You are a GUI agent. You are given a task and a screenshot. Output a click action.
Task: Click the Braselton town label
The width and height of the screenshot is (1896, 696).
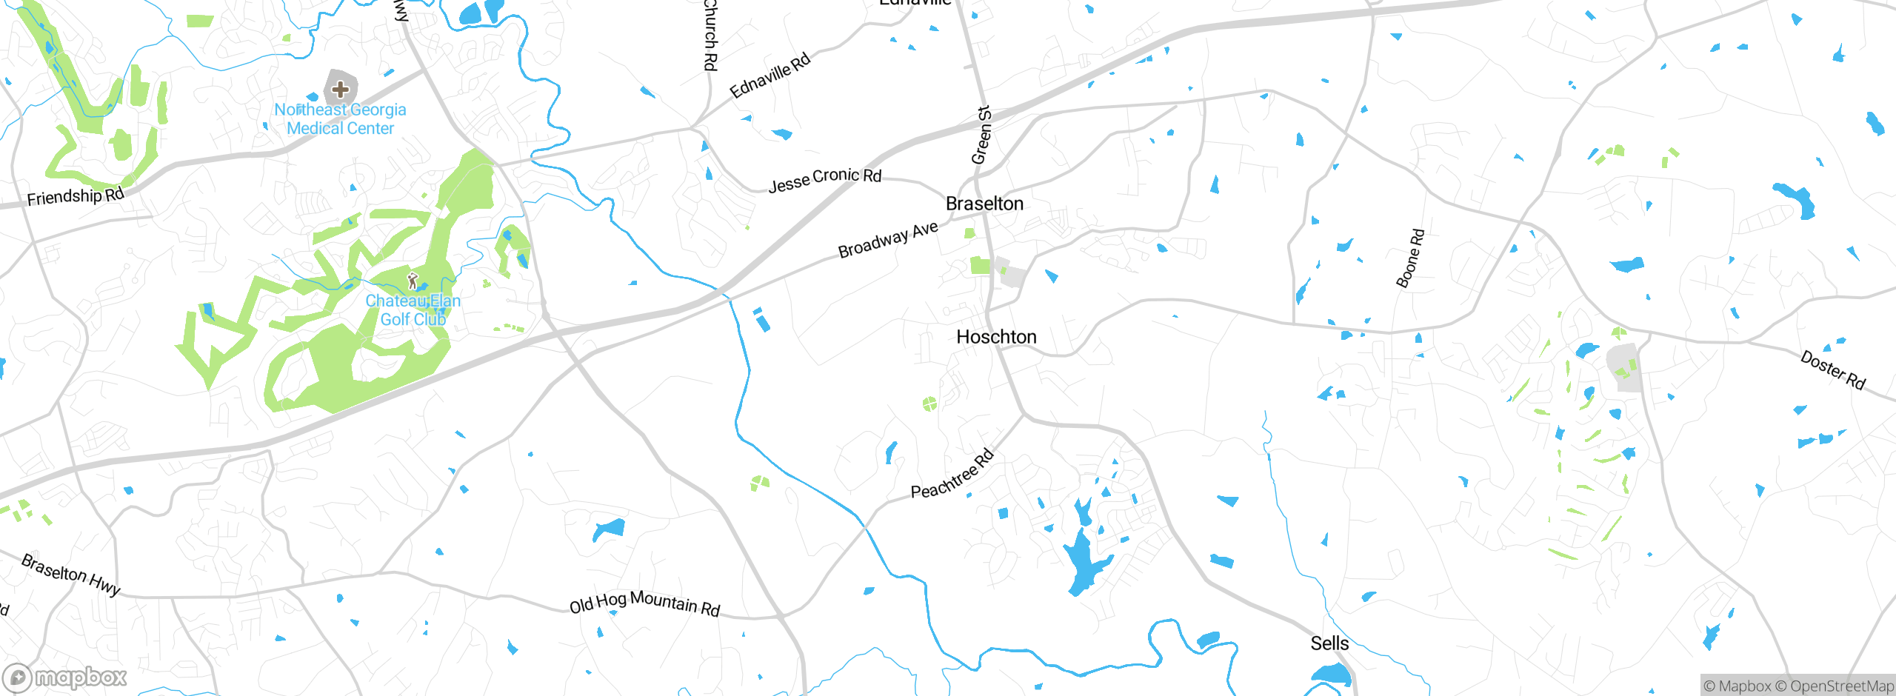[984, 204]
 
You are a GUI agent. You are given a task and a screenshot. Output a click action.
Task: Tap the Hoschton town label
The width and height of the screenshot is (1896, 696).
[996, 337]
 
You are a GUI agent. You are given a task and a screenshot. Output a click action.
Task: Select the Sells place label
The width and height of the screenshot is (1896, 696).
[1329, 643]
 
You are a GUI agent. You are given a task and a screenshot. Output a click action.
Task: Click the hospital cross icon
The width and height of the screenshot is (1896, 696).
[341, 90]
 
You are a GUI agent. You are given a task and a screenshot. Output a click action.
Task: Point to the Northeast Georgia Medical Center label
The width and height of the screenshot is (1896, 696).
[341, 119]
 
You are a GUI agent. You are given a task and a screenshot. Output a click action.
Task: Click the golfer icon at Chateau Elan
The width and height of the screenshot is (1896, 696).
[413, 281]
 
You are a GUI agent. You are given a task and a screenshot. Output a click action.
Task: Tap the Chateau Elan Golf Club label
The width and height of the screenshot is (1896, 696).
[413, 310]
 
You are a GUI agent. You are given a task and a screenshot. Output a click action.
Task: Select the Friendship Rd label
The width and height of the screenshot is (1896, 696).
[76, 196]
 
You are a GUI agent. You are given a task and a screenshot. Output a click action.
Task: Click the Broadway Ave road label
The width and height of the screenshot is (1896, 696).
[888, 240]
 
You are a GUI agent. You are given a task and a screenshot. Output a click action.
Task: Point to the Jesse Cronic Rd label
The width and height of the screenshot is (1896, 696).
[825, 179]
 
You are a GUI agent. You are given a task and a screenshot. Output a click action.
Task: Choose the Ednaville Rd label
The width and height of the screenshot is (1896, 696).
[770, 76]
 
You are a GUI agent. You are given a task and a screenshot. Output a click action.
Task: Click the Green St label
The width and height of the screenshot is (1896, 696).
[982, 135]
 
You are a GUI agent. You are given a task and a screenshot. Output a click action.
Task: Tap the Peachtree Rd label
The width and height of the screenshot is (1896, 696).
[952, 475]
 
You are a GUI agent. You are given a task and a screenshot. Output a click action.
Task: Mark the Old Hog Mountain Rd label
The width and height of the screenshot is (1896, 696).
[644, 603]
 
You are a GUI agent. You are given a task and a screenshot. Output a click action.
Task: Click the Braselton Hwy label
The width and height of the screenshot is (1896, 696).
[70, 575]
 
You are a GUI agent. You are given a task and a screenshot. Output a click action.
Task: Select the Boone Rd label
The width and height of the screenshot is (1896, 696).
[1410, 258]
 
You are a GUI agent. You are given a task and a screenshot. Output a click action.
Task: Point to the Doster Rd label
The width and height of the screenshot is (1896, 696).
[1832, 369]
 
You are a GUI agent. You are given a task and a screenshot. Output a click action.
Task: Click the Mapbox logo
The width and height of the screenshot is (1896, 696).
[65, 677]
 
